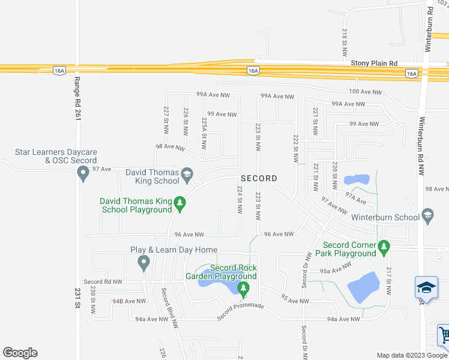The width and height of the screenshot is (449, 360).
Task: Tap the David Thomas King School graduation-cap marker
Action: (x=186, y=175)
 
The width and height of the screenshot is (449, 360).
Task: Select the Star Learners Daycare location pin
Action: (x=83, y=174)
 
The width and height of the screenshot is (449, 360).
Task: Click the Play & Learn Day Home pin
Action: (x=143, y=262)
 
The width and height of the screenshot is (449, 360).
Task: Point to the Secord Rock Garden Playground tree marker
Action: (x=243, y=290)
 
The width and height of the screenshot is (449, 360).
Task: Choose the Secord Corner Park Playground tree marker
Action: (x=384, y=246)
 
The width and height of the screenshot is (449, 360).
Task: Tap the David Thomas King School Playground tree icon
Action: (x=179, y=205)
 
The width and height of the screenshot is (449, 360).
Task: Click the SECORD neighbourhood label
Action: (x=259, y=178)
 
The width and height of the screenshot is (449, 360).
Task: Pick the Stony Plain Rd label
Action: (x=375, y=62)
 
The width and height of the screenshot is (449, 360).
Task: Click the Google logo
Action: (x=20, y=353)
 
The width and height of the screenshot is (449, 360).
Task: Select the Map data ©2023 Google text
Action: (x=412, y=355)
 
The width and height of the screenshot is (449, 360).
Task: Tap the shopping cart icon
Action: (x=444, y=334)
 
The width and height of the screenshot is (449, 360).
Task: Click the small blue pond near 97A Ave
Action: (x=357, y=179)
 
